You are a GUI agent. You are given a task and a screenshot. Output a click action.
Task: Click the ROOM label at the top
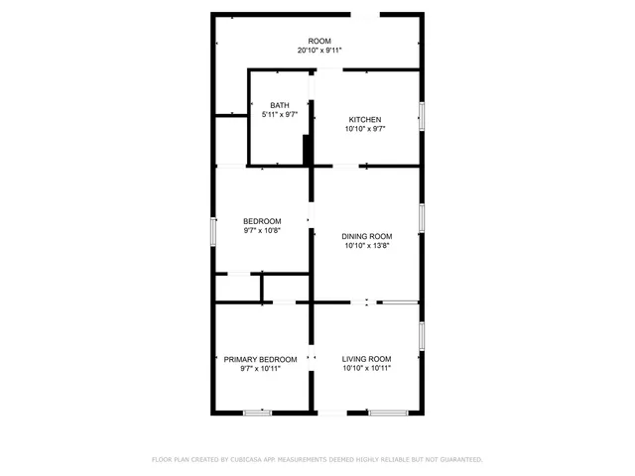point(318,41)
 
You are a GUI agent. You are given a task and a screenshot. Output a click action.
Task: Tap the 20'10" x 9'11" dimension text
point(318,51)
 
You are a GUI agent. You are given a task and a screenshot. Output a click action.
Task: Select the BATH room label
point(280,105)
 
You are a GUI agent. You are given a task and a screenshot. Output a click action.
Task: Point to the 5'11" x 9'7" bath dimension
point(280,115)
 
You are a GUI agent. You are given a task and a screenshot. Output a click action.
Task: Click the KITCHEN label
point(364,119)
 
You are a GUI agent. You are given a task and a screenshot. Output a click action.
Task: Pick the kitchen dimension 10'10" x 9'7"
point(364,129)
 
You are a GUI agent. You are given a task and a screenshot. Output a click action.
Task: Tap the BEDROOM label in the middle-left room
point(262,221)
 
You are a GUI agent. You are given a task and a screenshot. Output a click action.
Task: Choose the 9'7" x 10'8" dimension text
point(262,231)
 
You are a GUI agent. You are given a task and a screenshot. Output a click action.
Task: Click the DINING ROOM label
point(367,236)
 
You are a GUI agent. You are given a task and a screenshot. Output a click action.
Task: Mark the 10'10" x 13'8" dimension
point(367,246)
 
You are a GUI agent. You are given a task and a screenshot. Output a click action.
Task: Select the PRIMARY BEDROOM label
point(260,359)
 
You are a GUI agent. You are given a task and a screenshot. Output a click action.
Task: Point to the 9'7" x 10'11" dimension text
point(260,369)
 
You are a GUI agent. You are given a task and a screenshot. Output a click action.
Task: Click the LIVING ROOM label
point(367,359)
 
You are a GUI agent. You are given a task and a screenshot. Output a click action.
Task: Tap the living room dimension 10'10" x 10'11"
point(367,369)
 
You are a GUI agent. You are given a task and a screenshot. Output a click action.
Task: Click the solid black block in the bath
point(308,152)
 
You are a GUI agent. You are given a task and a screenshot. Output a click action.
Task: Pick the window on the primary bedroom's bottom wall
point(258,413)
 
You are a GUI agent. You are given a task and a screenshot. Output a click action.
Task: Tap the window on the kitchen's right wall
point(422,117)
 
